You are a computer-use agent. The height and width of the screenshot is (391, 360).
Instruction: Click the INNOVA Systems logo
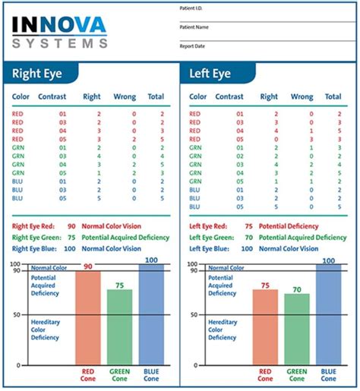click(60, 33)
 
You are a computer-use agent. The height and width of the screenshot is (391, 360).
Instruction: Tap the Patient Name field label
click(194, 27)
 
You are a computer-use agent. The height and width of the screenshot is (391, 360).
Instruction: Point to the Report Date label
click(192, 46)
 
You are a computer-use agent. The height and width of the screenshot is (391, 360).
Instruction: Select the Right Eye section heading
click(37, 74)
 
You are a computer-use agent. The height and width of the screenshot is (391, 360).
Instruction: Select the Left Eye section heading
click(210, 74)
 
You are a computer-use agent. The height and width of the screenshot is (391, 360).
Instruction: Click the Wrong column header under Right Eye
click(125, 96)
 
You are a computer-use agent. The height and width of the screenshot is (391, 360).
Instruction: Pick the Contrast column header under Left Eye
click(229, 96)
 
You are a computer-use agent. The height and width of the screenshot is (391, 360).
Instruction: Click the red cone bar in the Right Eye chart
click(88, 318)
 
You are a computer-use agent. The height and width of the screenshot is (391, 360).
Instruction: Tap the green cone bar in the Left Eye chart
click(297, 330)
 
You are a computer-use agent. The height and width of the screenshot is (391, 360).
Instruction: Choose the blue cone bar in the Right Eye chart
click(151, 314)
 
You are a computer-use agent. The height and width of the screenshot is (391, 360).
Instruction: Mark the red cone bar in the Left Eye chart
click(265, 327)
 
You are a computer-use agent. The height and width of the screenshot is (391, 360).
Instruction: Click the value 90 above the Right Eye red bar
click(88, 266)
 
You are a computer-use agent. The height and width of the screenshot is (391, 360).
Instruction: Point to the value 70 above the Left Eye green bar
click(297, 289)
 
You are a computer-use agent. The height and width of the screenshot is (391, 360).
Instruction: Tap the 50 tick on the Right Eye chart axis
click(17, 315)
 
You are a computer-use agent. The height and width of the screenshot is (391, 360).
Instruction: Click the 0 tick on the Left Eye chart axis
click(195, 365)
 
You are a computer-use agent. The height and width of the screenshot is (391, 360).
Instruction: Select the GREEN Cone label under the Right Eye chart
click(119, 375)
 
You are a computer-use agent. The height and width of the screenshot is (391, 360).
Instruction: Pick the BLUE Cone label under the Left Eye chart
click(328, 375)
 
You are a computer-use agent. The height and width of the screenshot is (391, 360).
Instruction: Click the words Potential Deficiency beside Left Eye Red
click(289, 226)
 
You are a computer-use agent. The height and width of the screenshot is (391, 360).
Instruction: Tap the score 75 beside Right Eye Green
click(71, 238)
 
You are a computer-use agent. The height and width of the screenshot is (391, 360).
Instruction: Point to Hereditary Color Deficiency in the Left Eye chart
click(223, 330)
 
